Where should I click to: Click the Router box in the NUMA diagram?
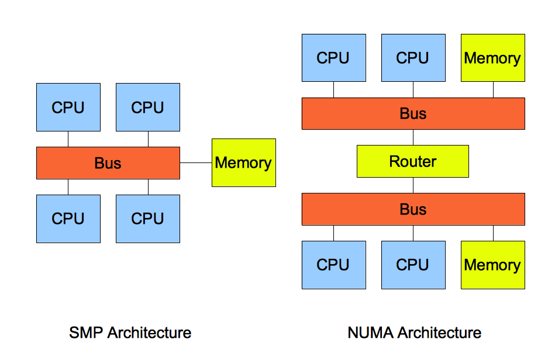click(x=413, y=161)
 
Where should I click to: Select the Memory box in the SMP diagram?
click(x=243, y=162)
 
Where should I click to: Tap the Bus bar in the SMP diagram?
click(x=108, y=162)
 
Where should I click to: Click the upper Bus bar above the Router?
click(x=413, y=113)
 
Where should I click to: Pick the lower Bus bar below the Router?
click(x=413, y=209)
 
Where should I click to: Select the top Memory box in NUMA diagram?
click(x=492, y=58)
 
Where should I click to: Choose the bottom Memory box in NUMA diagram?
click(x=492, y=265)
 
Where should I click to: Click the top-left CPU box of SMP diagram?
click(x=68, y=107)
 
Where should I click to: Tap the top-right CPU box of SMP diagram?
click(x=147, y=107)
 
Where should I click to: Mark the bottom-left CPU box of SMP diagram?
click(x=68, y=219)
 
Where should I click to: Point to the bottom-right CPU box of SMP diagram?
click(x=147, y=219)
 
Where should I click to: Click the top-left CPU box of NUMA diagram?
click(x=333, y=58)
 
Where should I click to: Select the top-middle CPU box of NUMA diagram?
click(x=413, y=58)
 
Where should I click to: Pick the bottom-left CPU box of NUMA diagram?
click(x=333, y=265)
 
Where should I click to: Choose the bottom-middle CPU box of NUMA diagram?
click(x=413, y=265)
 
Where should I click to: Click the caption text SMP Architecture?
click(x=130, y=333)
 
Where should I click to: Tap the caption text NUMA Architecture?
click(x=414, y=333)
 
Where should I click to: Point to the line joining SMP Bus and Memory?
click(x=196, y=162)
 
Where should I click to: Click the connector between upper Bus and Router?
click(x=413, y=137)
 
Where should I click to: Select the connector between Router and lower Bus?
click(x=413, y=185)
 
